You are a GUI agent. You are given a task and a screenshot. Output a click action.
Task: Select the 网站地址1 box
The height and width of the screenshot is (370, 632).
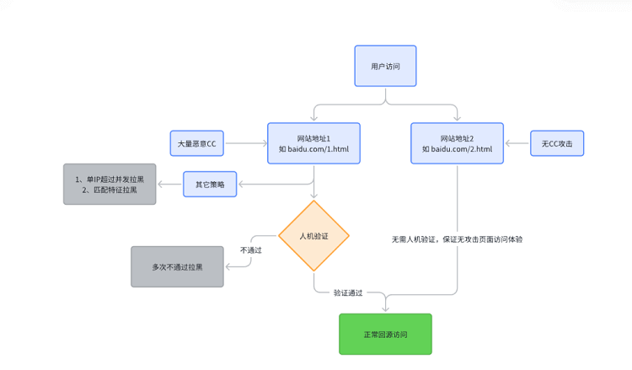point(313,143)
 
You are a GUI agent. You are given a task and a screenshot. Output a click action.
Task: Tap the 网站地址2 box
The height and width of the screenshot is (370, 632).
point(457,143)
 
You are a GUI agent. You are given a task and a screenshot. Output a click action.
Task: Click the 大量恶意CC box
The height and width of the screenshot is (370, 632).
point(197,143)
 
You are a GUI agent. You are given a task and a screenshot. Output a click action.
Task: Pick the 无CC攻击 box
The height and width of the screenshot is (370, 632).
point(557,143)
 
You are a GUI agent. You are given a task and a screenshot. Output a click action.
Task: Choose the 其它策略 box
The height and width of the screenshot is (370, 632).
point(210,184)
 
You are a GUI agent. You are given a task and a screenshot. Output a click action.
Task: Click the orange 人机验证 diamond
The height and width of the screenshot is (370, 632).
point(314,236)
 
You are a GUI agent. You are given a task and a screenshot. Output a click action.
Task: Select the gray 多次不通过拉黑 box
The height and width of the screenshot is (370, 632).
point(177,266)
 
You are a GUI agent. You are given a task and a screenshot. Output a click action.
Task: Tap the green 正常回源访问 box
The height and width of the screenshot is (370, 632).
point(385,334)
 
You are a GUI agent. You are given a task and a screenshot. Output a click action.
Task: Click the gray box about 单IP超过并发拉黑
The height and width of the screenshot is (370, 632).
point(110,184)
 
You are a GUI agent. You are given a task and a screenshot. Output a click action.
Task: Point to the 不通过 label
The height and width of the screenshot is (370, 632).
point(250,249)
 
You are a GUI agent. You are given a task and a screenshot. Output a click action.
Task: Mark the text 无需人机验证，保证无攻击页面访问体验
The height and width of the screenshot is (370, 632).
point(457,239)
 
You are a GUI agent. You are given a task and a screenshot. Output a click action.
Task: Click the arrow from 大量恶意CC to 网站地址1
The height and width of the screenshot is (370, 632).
point(246,143)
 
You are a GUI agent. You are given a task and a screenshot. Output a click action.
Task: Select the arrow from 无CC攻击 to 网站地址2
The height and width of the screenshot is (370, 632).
point(517,143)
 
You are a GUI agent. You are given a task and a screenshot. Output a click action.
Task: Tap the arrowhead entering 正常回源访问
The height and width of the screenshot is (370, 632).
point(385,308)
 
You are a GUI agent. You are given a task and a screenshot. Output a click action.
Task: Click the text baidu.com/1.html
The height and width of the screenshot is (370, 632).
point(319,149)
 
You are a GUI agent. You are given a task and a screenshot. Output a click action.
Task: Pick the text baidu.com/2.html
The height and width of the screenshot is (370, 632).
point(463,149)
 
